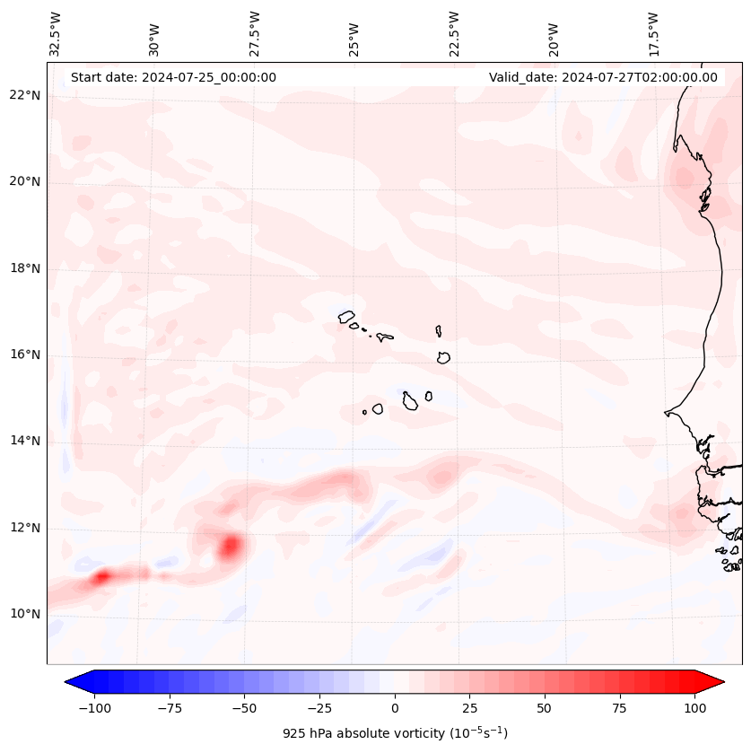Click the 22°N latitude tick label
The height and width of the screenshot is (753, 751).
coord(25,96)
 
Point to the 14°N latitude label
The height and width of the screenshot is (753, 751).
coord(25,442)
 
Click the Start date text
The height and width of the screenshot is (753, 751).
coord(173,77)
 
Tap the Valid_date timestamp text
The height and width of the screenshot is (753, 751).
coord(603,77)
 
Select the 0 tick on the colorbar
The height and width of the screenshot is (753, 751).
coord(395,708)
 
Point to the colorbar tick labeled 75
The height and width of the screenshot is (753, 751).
coord(619,708)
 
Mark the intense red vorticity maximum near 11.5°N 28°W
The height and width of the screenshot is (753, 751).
coord(231,545)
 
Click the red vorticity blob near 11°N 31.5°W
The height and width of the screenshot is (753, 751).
coord(101,576)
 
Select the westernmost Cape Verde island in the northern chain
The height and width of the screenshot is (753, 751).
coord(346,317)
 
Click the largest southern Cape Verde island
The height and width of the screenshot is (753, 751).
coord(410,400)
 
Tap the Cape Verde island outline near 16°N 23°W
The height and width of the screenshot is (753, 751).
coord(443,357)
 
